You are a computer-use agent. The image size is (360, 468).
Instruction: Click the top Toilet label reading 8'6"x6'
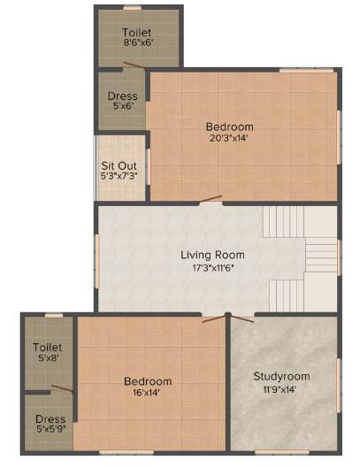coord(138,42)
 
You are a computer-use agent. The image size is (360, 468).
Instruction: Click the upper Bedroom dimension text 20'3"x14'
coord(230,139)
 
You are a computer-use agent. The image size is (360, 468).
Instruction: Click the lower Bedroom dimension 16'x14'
coord(148,394)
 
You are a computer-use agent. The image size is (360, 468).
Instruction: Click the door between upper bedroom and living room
coord(211,202)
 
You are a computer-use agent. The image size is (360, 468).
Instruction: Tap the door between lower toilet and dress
coord(61,387)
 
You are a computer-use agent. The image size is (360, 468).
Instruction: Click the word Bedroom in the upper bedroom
coord(230,127)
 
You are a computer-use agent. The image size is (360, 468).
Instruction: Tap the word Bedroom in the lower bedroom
coord(148,381)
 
